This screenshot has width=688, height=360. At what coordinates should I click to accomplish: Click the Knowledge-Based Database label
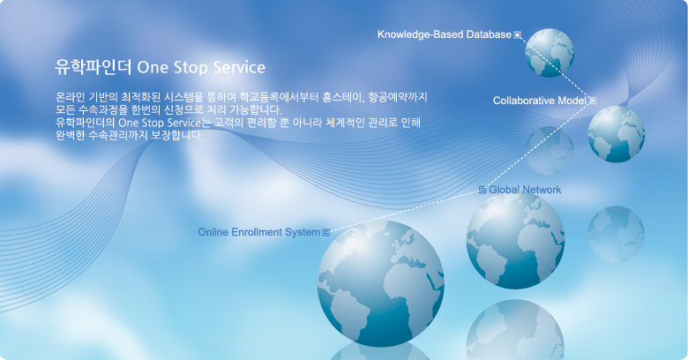pyautogui.click(x=445, y=34)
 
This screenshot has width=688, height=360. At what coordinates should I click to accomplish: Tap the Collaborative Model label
pyautogui.click(x=540, y=101)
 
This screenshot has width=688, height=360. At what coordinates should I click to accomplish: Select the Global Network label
pyautogui.click(x=525, y=190)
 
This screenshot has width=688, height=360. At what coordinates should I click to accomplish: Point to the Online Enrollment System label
pyautogui.click(x=258, y=232)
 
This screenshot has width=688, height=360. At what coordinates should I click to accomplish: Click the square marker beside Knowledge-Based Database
pyautogui.click(x=518, y=34)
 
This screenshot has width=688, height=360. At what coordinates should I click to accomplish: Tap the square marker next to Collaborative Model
pyautogui.click(x=593, y=101)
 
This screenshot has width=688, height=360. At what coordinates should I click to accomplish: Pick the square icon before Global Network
pyautogui.click(x=482, y=190)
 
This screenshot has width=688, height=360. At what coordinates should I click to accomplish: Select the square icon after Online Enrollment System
pyautogui.click(x=326, y=232)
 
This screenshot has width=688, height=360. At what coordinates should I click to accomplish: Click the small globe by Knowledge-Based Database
pyautogui.click(x=550, y=53)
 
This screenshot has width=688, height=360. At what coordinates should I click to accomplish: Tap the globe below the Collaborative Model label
pyautogui.click(x=617, y=134)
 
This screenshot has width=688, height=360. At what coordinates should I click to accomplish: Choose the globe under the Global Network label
pyautogui.click(x=516, y=240)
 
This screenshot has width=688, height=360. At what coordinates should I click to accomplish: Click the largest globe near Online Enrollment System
pyautogui.click(x=381, y=283)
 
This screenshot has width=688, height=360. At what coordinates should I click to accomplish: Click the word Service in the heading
pyautogui.click(x=239, y=68)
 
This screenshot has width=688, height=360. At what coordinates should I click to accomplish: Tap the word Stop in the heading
pyautogui.click(x=191, y=68)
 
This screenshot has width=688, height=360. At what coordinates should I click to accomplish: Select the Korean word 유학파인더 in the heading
pyautogui.click(x=93, y=67)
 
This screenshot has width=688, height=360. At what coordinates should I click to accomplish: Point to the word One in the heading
pyautogui.click(x=153, y=68)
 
